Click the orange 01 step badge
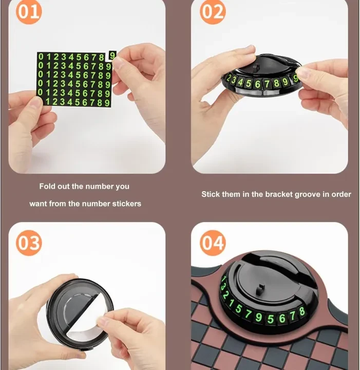(29, 11)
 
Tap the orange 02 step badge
(213, 11)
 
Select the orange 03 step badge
(29, 243)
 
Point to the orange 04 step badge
(213, 243)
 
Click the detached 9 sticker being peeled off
(112, 55)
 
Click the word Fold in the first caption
(47, 186)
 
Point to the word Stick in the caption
(211, 194)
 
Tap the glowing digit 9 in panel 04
(259, 317)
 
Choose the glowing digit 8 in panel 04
(302, 311)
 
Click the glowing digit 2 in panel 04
(225, 295)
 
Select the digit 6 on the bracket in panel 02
(257, 84)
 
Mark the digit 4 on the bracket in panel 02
(240, 82)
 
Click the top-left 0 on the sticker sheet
(41, 57)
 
